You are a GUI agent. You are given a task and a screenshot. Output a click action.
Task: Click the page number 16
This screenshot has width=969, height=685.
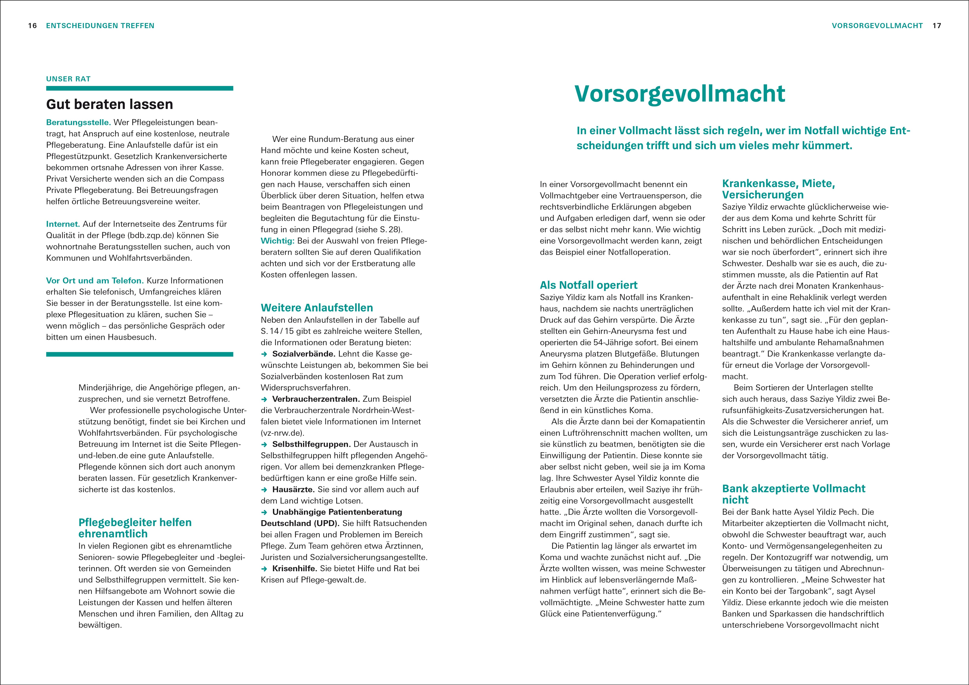pyautogui.click(x=32, y=26)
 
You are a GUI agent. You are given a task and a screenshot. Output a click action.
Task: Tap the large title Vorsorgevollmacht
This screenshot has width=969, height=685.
pyautogui.click(x=680, y=94)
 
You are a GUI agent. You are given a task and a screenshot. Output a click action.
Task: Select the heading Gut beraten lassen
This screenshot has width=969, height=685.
pyautogui.click(x=110, y=104)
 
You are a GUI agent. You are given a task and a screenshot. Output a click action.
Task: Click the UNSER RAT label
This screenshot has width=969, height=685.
pyautogui.click(x=68, y=79)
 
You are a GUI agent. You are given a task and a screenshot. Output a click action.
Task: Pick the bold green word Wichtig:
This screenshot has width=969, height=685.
pyautogui.click(x=277, y=241)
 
